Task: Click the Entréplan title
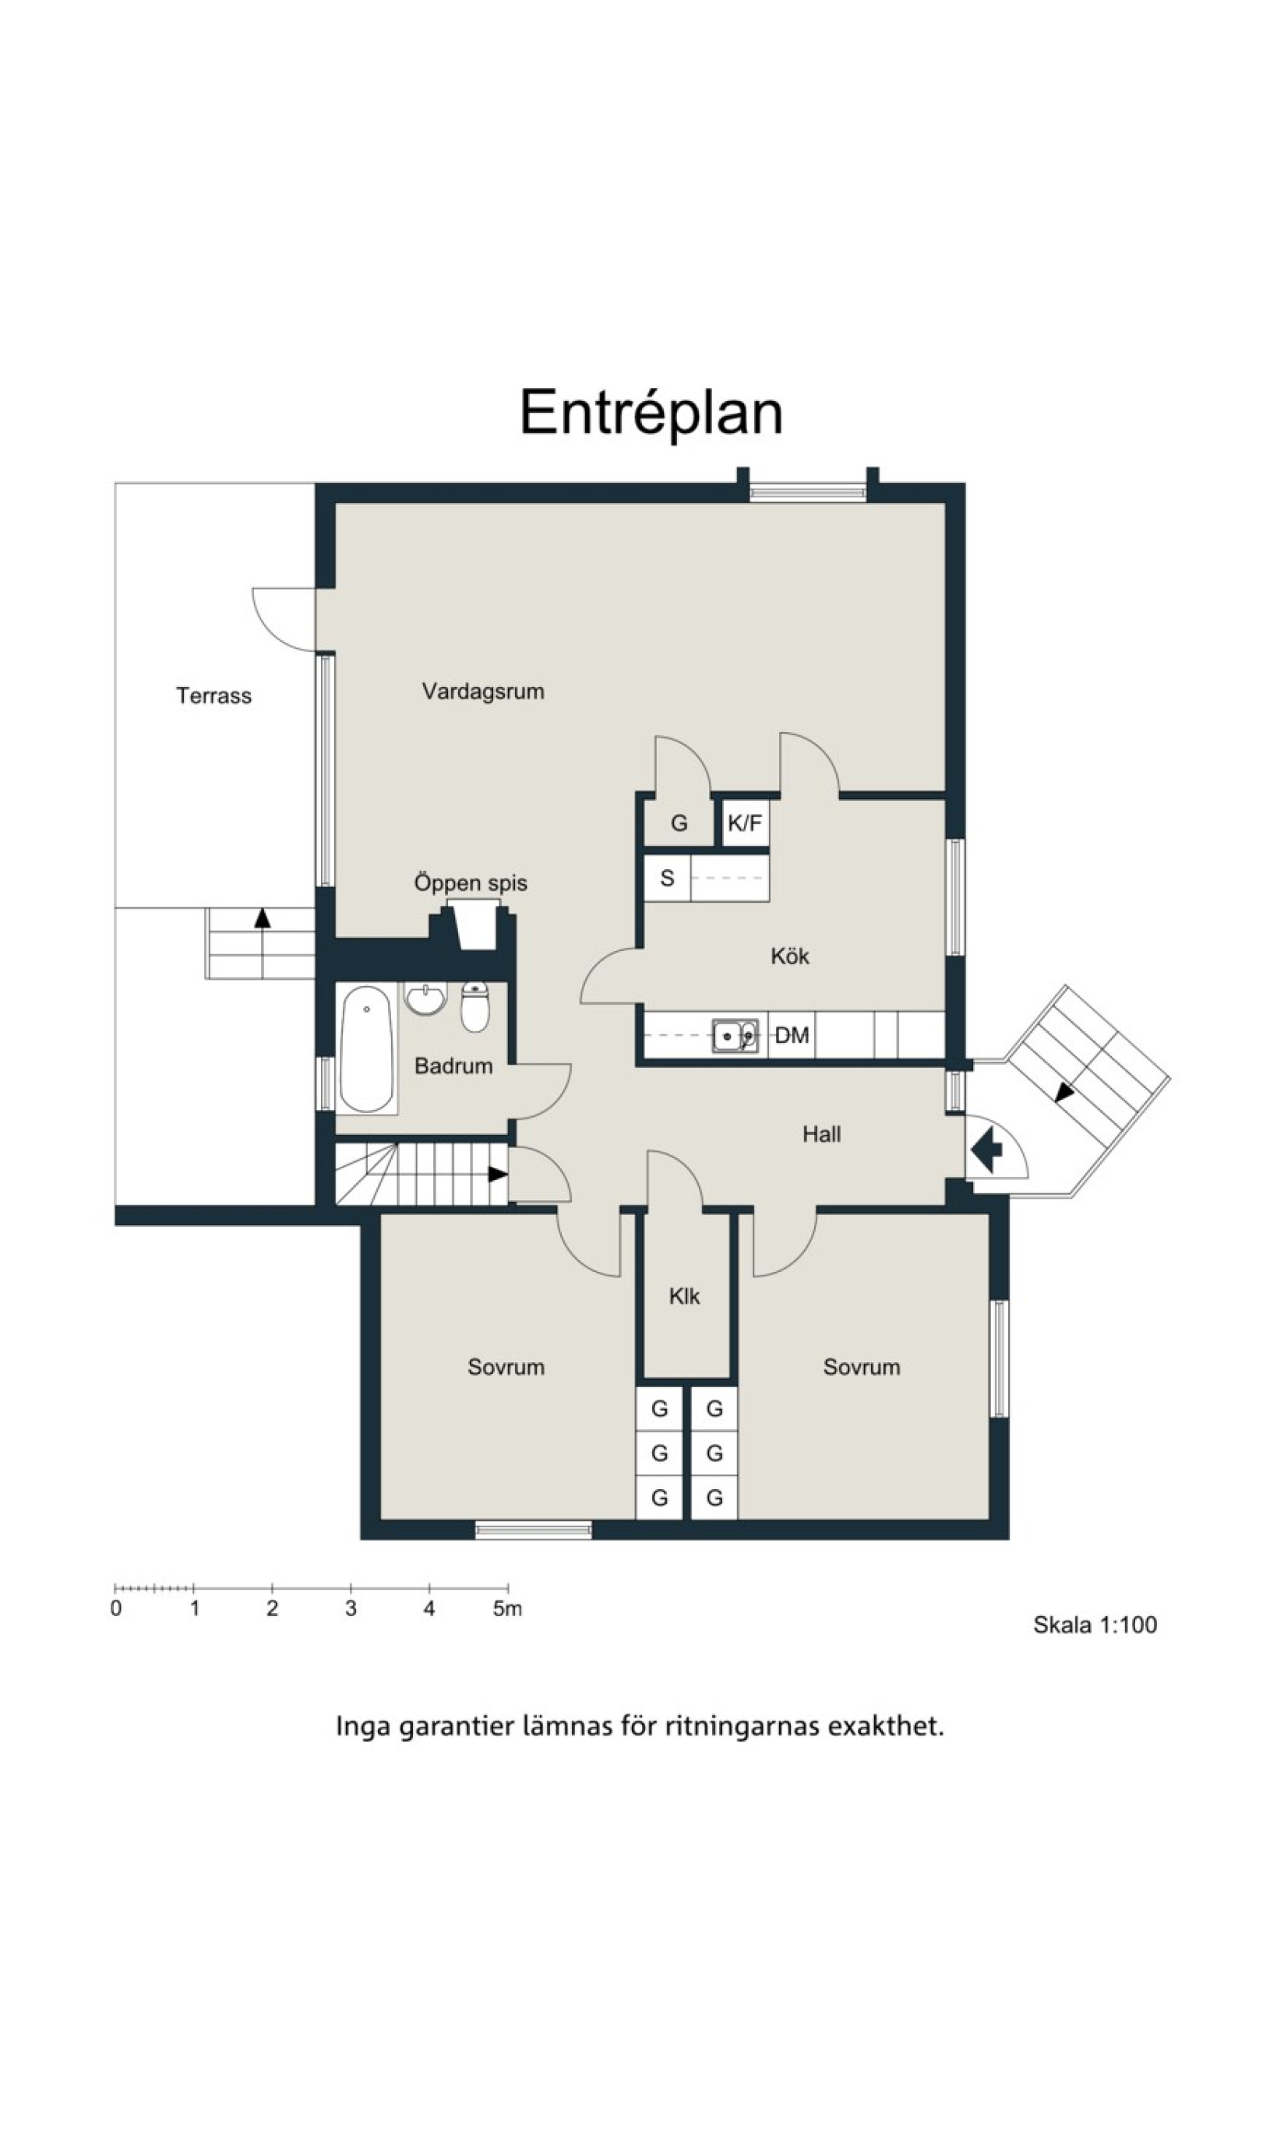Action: click(651, 414)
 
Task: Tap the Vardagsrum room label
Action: click(483, 691)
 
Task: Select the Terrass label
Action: click(213, 696)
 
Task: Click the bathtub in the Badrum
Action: click(367, 1048)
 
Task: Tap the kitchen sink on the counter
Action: click(735, 1035)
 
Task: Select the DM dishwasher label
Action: click(792, 1035)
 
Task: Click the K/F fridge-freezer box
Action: click(745, 822)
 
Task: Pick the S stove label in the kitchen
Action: click(666, 879)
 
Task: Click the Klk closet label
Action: click(683, 1295)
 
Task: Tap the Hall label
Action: click(821, 1134)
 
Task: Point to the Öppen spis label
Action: click(471, 883)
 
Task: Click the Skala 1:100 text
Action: click(1095, 1625)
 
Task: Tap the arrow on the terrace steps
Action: click(262, 918)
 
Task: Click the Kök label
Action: click(790, 956)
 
